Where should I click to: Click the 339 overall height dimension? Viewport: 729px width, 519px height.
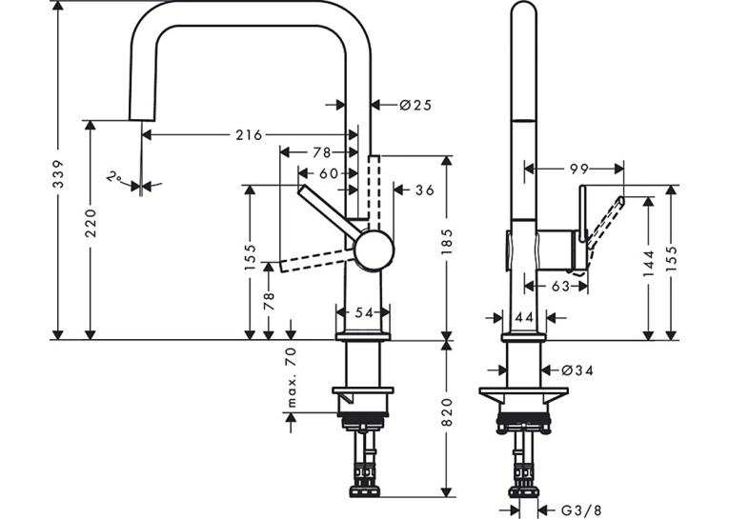pyautogui.click(x=57, y=174)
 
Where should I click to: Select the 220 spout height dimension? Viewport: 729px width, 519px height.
pyautogui.click(x=91, y=223)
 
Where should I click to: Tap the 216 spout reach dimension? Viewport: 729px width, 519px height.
pyautogui.click(x=249, y=135)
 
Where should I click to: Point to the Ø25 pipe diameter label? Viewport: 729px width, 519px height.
pyautogui.click(x=415, y=105)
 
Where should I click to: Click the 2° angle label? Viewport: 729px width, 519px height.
pyautogui.click(x=114, y=177)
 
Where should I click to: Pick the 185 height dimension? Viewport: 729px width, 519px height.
pyautogui.click(x=446, y=242)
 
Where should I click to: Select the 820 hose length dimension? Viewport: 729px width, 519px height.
pyautogui.click(x=446, y=411)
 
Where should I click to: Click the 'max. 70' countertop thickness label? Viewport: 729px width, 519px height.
pyautogui.click(x=291, y=377)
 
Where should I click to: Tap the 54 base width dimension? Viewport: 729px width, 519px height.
pyautogui.click(x=364, y=312)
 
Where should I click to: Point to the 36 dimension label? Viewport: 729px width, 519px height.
pyautogui.click(x=424, y=190)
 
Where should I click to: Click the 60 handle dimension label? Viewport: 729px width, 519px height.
pyautogui.click(x=329, y=173)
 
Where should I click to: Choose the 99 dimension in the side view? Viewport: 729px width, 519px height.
pyautogui.click(x=579, y=170)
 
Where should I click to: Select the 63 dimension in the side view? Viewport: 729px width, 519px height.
pyautogui.click(x=560, y=287)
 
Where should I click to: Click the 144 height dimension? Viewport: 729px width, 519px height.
pyautogui.click(x=649, y=264)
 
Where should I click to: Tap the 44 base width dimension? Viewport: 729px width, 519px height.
pyautogui.click(x=524, y=318)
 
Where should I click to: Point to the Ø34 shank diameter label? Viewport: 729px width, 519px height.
pyautogui.click(x=577, y=370)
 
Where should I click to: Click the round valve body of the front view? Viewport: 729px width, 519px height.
pyautogui.click(x=374, y=250)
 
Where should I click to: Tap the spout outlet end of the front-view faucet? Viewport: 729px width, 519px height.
pyautogui.click(x=141, y=119)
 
